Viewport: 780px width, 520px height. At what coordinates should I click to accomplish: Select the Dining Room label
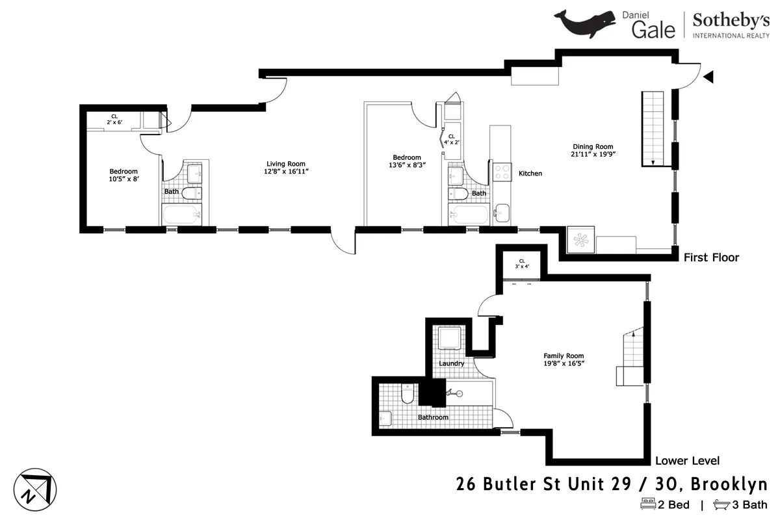[592, 146]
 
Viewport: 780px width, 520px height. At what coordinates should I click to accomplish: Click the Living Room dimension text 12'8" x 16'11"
[286, 172]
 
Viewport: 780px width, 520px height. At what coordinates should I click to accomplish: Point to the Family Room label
[564, 356]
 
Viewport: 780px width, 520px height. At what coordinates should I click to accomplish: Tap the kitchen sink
[501, 212]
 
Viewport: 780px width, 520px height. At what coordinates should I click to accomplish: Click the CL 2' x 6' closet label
[114, 119]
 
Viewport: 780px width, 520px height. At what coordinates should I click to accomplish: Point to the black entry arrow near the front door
[709, 77]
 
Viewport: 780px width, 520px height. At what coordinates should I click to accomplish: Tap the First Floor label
[711, 257]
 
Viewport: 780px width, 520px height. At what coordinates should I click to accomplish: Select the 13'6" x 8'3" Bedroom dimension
[406, 165]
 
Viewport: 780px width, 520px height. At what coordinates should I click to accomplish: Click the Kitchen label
[530, 174]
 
